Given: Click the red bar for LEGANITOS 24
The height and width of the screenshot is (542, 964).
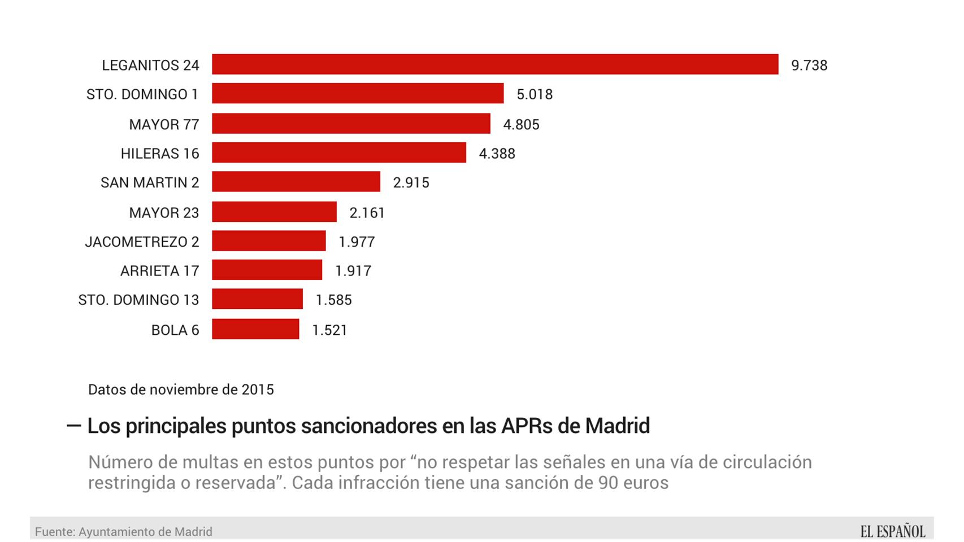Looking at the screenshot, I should pos(495,64).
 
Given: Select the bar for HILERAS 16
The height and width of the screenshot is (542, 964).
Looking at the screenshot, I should pos(339,152).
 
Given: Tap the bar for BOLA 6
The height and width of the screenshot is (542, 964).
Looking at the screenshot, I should pos(255,329).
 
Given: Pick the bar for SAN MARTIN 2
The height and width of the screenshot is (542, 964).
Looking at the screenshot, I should pos(296,182).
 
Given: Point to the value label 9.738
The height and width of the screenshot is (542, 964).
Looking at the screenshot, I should pos(809,65).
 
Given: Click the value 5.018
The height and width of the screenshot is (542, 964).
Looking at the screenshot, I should pos(535,94).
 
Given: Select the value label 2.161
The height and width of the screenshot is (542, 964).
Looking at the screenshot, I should pos(367,213).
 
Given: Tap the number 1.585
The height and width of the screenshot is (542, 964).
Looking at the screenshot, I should pos(333,300).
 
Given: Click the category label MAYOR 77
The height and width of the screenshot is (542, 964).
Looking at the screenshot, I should pos(164,124).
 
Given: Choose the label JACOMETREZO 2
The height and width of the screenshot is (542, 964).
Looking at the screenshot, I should pos(142,242).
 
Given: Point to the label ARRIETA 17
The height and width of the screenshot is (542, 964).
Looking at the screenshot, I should pos(159,271).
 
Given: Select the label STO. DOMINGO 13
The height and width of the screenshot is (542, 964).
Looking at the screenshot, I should pos(138,300).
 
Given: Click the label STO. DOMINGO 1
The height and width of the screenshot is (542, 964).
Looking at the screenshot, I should pos(142,94).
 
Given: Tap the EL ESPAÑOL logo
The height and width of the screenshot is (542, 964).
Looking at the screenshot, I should pos(893,531).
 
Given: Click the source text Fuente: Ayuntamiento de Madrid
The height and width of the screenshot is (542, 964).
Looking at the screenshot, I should pos(124,532).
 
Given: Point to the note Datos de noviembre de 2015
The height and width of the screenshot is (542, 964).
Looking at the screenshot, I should pos(181,390).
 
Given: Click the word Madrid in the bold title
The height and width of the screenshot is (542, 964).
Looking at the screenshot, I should pos(617,426).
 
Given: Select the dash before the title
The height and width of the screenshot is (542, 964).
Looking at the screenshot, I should pos(73,426).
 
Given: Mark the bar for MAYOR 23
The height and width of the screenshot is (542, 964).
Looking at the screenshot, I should pos(274,212).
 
